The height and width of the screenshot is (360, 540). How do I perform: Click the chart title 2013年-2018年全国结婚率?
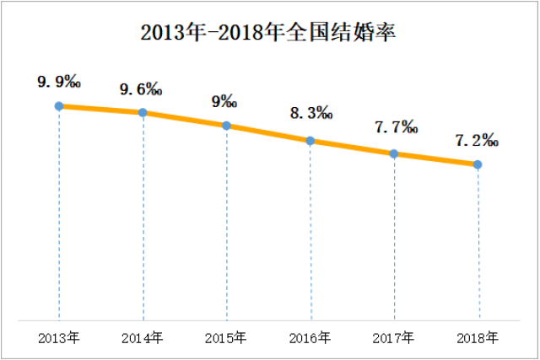point(268,34)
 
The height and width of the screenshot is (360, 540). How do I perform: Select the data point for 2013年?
point(59,106)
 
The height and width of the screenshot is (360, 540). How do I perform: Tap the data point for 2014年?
point(143,112)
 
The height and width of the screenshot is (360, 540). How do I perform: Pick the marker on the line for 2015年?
point(226,126)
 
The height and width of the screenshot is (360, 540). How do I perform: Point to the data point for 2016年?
point(310,141)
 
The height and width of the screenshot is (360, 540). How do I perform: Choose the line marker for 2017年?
point(394,153)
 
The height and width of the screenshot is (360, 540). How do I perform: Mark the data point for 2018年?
point(478,164)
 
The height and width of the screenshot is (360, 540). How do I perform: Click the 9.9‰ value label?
point(58,82)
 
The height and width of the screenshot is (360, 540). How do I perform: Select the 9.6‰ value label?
point(141,89)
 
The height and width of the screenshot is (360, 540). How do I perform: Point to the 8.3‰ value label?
point(310,114)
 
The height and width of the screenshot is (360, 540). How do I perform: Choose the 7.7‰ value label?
point(395,128)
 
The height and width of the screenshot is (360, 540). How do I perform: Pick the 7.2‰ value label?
point(478,140)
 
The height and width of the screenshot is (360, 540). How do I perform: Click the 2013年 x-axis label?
point(59,339)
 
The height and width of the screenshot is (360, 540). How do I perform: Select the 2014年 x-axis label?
point(143,339)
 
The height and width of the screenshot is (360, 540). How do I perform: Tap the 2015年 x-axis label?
point(226,339)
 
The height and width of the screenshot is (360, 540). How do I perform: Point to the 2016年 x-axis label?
point(310,339)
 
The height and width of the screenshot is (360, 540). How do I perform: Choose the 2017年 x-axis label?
point(394,339)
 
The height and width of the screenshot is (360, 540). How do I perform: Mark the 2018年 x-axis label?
point(478,339)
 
